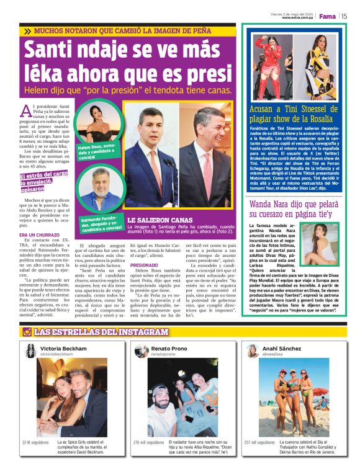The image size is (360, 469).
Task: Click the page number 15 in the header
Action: click(344, 16)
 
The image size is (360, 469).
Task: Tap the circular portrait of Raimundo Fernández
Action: click(98, 190)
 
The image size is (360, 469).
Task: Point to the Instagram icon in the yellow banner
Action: click(27, 331)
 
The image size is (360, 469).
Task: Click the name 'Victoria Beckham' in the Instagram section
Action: click(63, 349)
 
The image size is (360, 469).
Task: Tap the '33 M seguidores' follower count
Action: click(35, 442)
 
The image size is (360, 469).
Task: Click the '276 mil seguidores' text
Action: click(149, 442)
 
